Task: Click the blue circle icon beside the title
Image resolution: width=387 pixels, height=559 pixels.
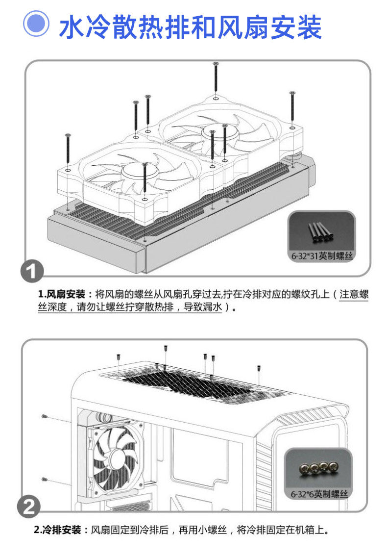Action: click(36, 25)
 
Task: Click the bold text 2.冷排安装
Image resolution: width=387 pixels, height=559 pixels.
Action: click(61, 530)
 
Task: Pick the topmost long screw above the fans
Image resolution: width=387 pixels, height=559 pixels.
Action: click(216, 78)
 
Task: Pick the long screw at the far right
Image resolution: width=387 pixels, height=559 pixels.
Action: click(292, 108)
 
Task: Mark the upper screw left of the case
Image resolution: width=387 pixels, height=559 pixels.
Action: click(45, 416)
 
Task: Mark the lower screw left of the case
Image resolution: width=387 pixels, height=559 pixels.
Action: click(45, 479)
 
